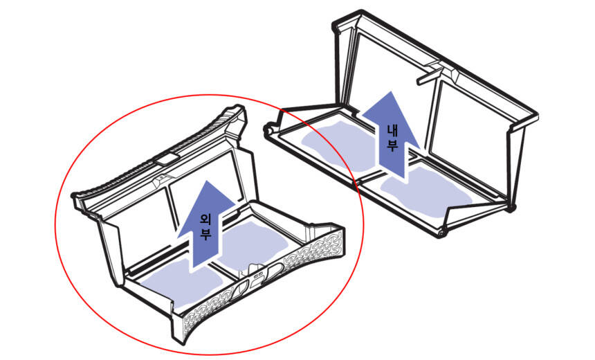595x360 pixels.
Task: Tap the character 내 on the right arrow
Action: [x=392, y=130]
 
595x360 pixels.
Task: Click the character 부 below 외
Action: [x=205, y=233]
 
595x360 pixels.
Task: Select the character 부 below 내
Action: [x=392, y=145]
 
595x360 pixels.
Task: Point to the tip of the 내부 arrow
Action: [x=390, y=91]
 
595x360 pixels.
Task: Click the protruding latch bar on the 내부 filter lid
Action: [x=429, y=75]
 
